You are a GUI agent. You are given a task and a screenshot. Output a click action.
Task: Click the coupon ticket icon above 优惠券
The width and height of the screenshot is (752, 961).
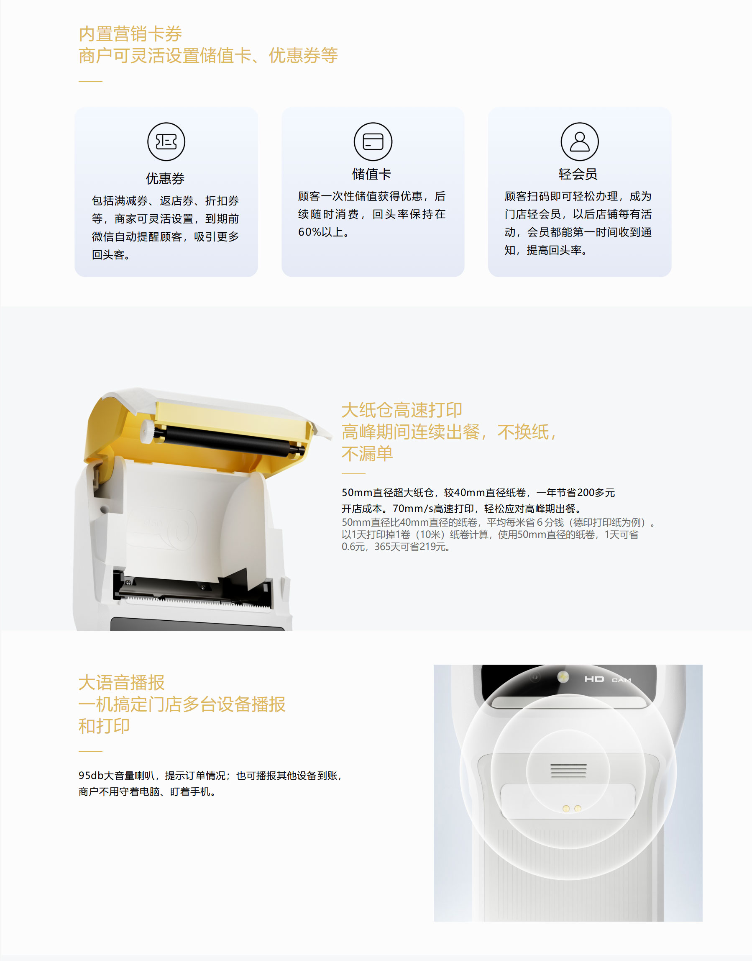pos(166,141)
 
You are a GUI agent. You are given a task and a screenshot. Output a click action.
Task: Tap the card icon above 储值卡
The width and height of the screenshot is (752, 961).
pos(373,141)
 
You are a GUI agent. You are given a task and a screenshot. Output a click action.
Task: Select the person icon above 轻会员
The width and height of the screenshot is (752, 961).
pos(579,141)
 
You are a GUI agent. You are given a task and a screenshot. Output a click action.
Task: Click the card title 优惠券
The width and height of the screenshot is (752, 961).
pos(165,178)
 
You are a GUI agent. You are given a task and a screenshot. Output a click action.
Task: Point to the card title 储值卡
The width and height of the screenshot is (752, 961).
pos(371,174)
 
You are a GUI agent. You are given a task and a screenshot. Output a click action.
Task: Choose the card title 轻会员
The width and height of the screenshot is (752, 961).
pos(578,174)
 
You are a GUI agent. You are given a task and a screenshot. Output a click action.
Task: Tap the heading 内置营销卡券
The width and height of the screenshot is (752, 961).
pos(130,34)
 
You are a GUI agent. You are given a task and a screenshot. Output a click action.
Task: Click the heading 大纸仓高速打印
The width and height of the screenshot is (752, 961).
pos(402,410)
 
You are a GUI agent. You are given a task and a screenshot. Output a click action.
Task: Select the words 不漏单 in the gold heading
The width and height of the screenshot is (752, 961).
pos(367,453)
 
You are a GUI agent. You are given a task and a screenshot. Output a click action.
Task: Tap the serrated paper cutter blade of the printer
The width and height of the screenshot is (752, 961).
pos(196,601)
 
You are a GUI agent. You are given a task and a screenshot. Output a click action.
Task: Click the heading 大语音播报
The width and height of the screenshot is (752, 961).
pos(122,683)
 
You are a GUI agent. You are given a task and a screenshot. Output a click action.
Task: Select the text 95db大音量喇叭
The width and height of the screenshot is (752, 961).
pos(117,776)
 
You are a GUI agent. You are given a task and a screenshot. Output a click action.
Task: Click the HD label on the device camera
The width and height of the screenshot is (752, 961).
pos(594,679)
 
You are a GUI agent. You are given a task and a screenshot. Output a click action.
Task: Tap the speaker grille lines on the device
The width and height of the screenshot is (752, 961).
pos(568,770)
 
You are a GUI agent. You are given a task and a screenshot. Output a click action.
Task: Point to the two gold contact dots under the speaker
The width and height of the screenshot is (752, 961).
pos(572,809)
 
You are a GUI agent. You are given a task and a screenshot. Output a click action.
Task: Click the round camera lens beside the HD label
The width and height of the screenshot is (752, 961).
pos(563,677)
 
